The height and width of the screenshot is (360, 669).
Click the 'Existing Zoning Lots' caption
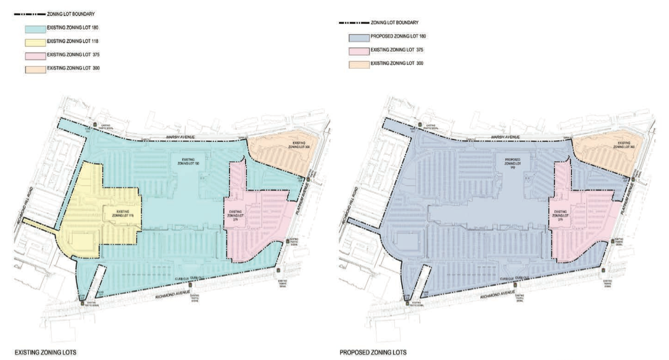(x=44, y=353)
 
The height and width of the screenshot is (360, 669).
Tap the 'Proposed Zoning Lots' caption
(x=373, y=353)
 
